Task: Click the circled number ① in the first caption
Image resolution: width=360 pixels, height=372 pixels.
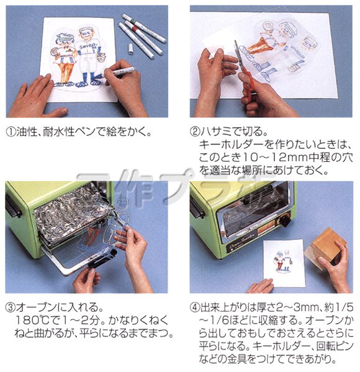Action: (x=11, y=131)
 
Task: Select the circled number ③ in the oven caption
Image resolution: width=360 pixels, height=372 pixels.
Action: (x=11, y=307)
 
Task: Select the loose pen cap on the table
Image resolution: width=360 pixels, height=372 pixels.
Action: (x=130, y=47)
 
